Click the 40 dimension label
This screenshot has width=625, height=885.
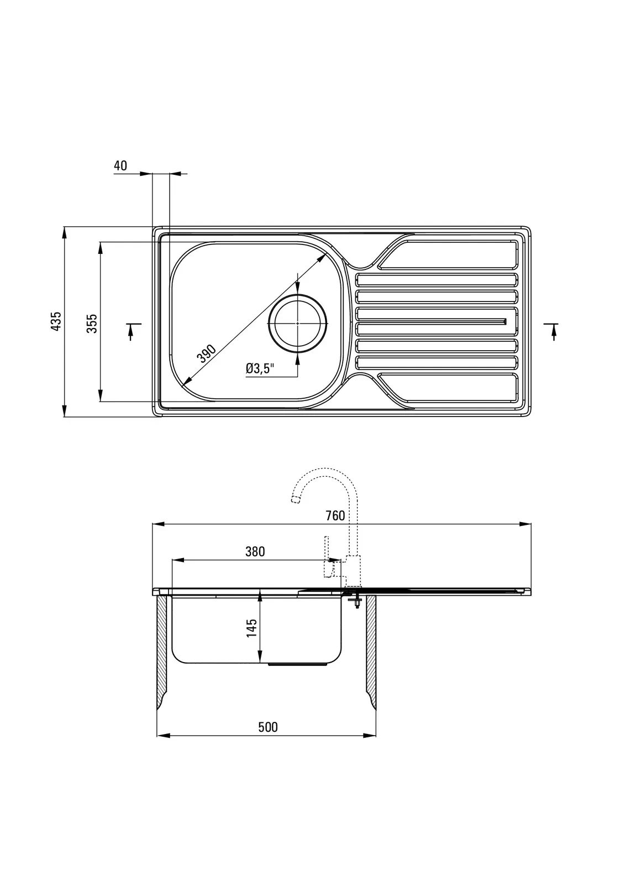tap(120, 165)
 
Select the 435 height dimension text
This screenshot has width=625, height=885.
tap(55, 321)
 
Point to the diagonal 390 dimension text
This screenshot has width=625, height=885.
tap(207, 352)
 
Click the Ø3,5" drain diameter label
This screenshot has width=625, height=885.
tap(260, 368)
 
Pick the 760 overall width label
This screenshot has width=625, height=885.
tap(335, 516)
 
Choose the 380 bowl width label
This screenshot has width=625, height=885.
tap(255, 551)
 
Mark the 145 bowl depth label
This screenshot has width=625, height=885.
tap(251, 628)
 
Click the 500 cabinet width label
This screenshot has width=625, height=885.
tap(268, 727)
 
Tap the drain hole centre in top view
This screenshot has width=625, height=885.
tap(297, 323)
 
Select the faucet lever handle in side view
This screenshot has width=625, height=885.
tap(327, 556)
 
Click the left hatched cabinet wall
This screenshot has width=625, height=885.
tap(162, 653)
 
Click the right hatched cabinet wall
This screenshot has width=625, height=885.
tap(371, 653)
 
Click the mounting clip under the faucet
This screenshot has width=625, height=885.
tap(354, 600)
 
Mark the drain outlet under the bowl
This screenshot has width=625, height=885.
tap(302, 664)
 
